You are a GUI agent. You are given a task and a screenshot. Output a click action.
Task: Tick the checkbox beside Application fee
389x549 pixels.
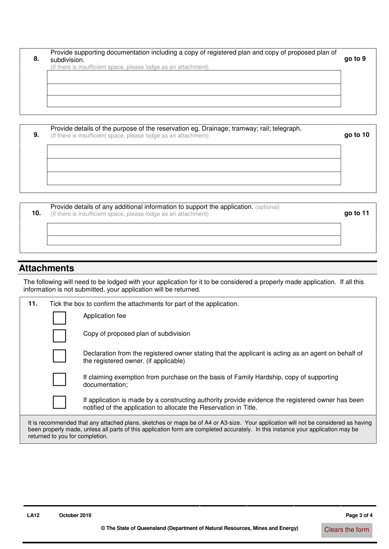coord(59,318)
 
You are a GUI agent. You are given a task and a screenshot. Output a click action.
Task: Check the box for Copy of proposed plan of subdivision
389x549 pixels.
coord(59,336)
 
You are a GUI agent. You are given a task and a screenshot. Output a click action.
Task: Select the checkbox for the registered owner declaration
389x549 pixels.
coord(59,356)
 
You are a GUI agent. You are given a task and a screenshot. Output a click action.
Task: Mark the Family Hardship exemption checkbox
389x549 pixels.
coord(59,379)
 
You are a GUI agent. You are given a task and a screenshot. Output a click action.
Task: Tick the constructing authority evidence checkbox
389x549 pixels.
coord(59,402)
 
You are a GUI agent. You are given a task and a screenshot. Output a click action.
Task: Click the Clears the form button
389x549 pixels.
coord(346,530)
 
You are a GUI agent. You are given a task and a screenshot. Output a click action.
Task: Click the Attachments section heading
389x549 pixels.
coord(47,268)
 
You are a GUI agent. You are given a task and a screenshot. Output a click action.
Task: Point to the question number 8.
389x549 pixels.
coord(36,59)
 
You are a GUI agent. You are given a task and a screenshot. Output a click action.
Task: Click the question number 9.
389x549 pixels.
coord(36,135)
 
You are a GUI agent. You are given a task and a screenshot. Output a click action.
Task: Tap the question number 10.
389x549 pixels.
coord(36,213)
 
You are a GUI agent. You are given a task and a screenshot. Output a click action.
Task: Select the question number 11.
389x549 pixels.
coord(33,303)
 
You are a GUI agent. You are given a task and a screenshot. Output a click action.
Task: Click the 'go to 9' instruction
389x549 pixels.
coord(355,59)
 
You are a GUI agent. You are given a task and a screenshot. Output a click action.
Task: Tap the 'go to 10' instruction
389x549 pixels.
coord(356,135)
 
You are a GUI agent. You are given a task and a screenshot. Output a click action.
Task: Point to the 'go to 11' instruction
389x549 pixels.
coord(356,213)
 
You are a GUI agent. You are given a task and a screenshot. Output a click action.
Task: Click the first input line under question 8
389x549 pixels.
coord(194,77)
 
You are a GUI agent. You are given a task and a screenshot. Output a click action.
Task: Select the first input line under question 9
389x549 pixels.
coord(194,151)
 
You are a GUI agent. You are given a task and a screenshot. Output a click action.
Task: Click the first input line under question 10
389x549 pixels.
coord(194,229)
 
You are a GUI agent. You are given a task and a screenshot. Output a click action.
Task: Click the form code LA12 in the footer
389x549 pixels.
coord(33,515)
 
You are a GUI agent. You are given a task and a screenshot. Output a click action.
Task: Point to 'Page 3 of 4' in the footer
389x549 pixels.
coord(359,515)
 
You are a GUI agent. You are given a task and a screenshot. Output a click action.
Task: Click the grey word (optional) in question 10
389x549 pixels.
coord(267,207)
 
